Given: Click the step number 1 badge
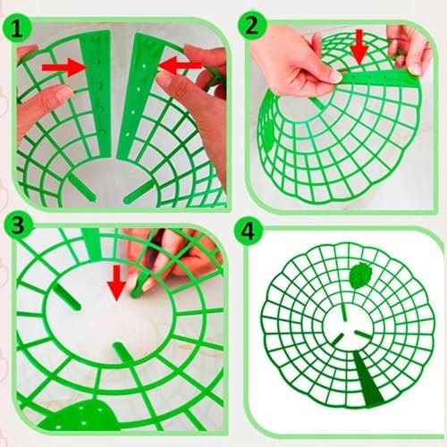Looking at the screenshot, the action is tap(17, 30).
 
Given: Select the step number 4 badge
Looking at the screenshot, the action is tap(248, 231).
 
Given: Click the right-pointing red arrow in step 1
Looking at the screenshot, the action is tap(64, 68).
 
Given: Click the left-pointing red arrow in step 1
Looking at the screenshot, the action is tap(181, 66).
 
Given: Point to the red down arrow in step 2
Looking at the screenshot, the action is tap(359, 46).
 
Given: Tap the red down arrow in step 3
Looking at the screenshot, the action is tap(116, 283).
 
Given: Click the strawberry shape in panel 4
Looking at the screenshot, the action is tap(360, 275).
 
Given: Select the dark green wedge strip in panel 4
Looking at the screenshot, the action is tap(367, 378).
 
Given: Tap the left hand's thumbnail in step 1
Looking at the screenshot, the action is tap(62, 93).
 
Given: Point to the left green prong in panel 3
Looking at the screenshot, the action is tap(67, 297).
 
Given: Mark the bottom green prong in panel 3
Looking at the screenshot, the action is tap(122, 353).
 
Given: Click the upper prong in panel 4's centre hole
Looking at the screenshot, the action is tap(344, 312).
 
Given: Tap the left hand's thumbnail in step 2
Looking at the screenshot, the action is tap(334, 76).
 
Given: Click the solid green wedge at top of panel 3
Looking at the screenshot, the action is tap(92, 244).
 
